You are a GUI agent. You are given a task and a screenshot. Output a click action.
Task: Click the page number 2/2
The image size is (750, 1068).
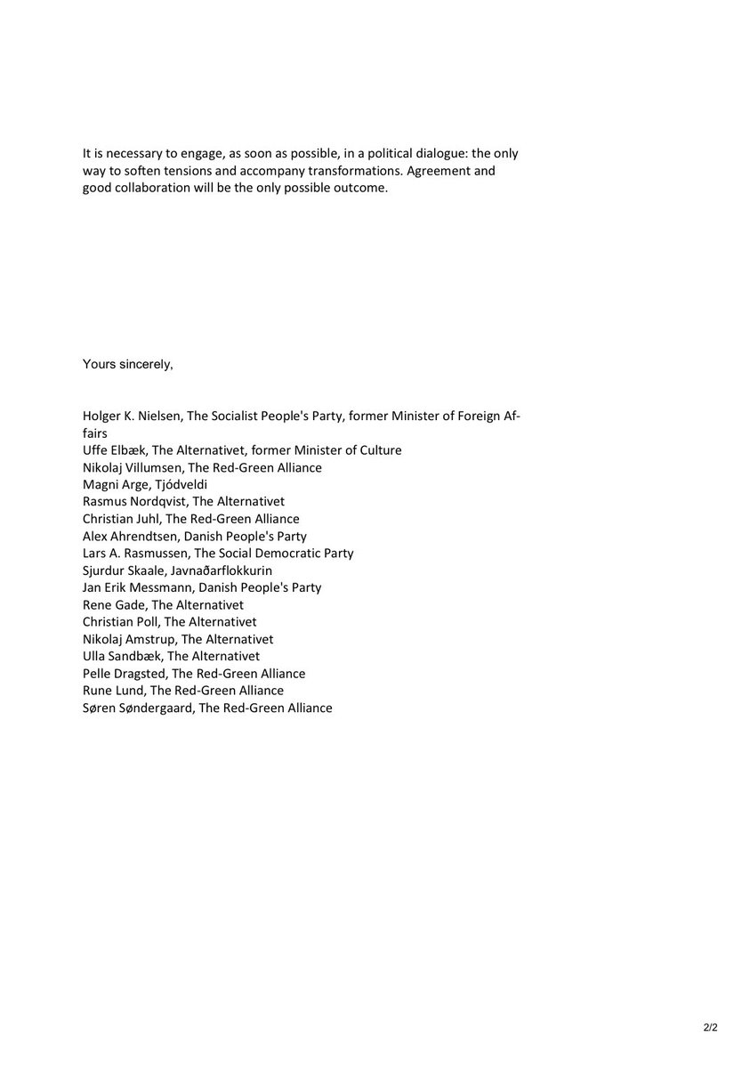point(710,1027)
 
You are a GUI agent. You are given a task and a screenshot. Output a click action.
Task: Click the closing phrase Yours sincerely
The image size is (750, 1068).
point(128,364)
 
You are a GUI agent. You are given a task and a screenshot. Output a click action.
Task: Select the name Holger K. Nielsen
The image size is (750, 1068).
point(130,416)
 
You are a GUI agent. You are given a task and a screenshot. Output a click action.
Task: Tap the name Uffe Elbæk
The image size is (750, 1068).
point(114,450)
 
